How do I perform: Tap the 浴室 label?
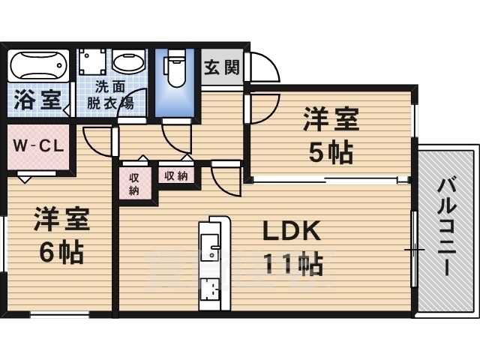[x=36, y=100]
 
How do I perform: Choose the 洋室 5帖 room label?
[x=331, y=135]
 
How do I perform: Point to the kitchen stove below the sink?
[x=209, y=289]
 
